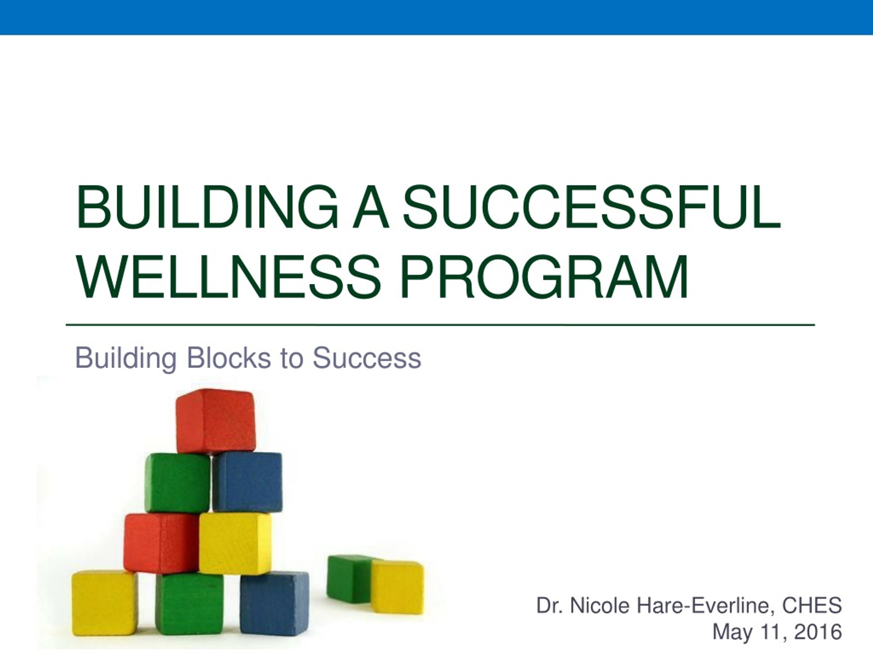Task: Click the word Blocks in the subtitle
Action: coord(228,358)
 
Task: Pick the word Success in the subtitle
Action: coord(367,358)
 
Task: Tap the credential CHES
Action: coord(812,605)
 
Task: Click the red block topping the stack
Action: coord(216,421)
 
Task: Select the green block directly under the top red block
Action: coord(178,483)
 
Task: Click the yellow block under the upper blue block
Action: coord(235,543)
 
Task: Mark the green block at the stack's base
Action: coord(190,604)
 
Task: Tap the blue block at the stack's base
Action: coord(274,603)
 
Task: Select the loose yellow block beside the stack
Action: coord(397,587)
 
